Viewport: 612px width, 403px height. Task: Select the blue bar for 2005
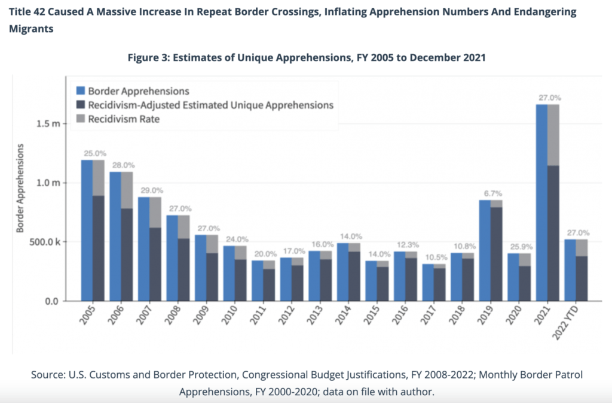tap(87, 231)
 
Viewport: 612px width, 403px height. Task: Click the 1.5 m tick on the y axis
tap(48, 124)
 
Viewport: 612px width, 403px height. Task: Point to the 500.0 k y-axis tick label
tap(44, 242)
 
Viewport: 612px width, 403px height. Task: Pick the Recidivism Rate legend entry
tap(123, 119)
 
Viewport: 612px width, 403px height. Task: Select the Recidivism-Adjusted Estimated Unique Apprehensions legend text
tap(210, 105)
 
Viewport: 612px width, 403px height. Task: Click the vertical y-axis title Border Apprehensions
tap(22, 189)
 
